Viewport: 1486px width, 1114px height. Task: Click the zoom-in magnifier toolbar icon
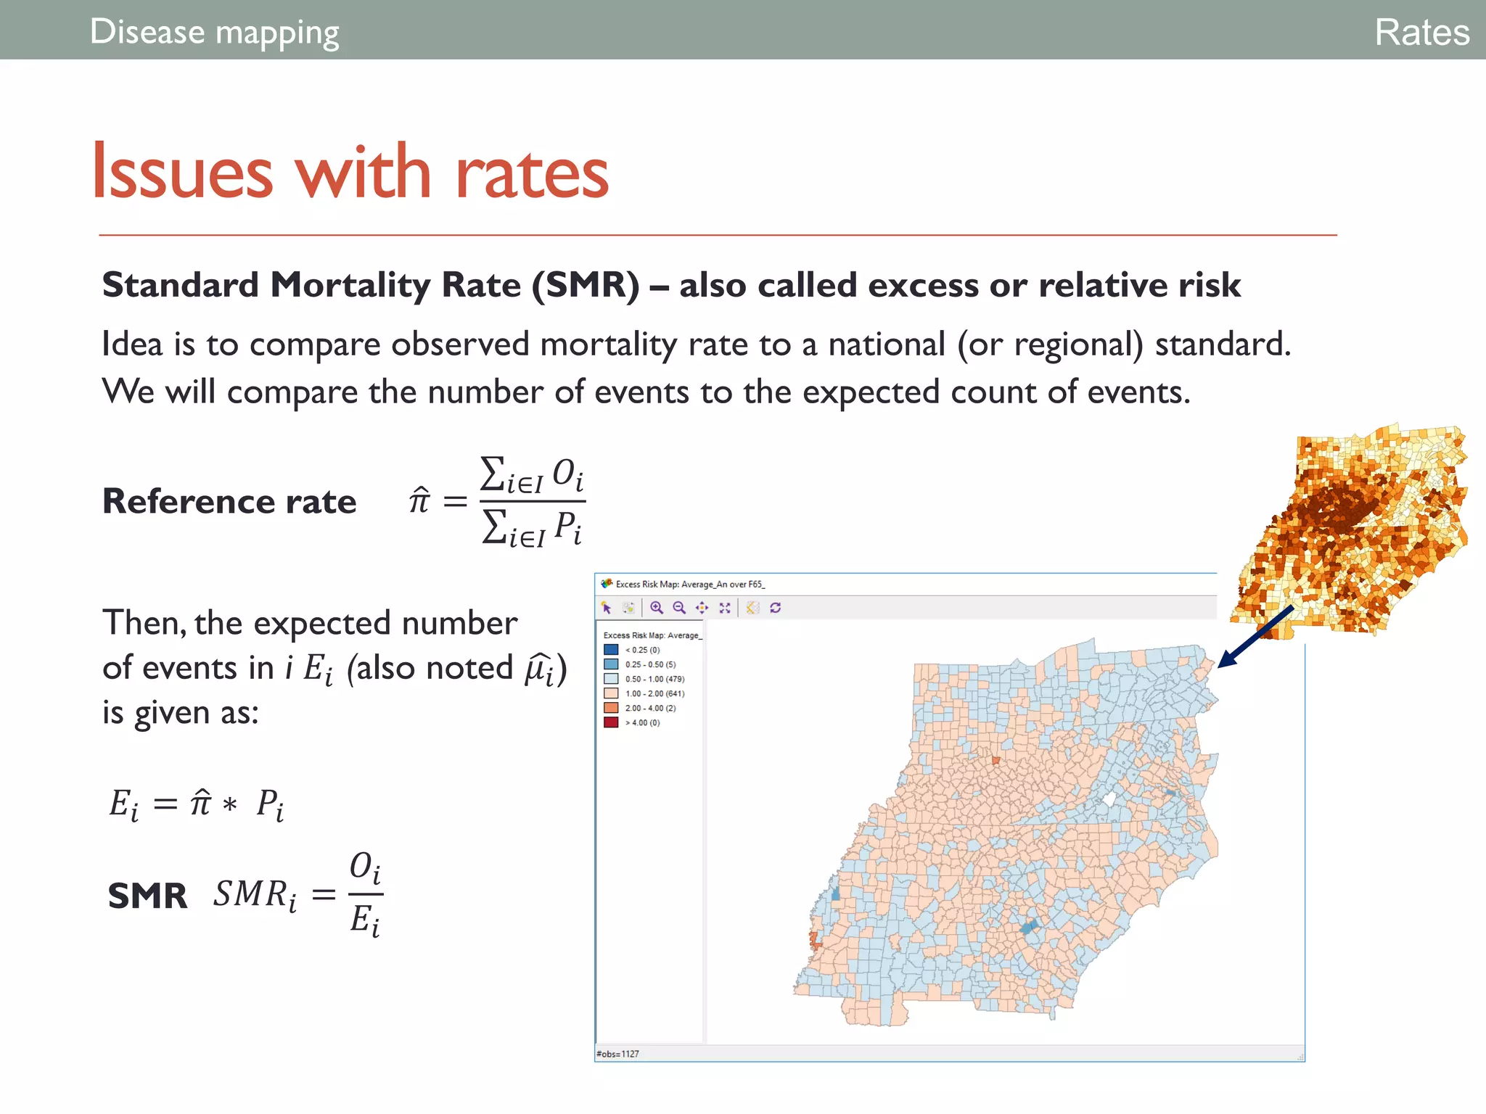tap(657, 608)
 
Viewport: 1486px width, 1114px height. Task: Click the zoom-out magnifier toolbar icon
tap(679, 608)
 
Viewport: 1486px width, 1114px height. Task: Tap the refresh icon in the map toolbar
tap(775, 608)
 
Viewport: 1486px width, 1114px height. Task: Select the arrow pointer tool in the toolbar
tap(607, 608)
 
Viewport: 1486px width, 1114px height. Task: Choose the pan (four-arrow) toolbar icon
tap(702, 608)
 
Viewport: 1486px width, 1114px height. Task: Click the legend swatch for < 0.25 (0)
tap(611, 650)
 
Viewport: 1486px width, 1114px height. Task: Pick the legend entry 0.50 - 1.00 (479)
tap(654, 679)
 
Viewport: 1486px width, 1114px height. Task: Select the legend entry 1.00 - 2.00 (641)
tap(654, 693)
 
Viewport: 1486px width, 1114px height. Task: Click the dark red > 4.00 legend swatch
tap(611, 722)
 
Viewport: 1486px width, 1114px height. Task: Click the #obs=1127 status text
tap(617, 1054)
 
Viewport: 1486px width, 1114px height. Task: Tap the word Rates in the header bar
tap(1421, 32)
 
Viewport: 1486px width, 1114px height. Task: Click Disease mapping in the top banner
tap(214, 32)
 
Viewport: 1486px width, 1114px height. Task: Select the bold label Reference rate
tap(229, 501)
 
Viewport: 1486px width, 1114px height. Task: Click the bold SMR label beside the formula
tap(147, 896)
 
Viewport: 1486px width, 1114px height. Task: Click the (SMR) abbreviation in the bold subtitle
tap(586, 284)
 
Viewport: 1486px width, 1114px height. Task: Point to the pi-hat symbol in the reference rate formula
tap(419, 500)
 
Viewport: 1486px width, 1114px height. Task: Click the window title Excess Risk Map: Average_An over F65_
tap(689, 584)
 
